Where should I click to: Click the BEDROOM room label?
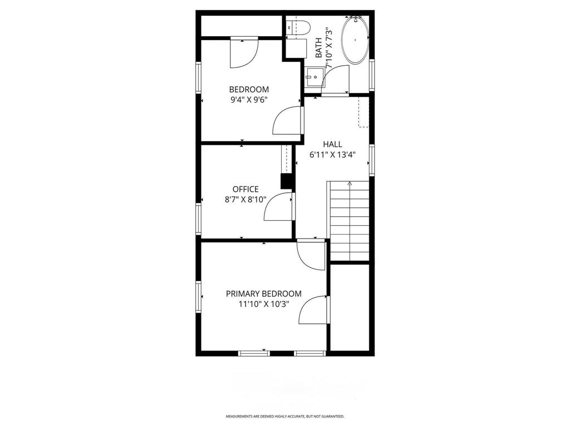249,89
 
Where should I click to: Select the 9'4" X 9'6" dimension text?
249,100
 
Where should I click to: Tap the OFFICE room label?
245,189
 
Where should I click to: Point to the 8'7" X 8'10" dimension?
242,200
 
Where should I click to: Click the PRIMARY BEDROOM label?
263,294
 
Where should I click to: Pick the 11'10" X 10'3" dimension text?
263,304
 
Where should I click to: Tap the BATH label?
318,48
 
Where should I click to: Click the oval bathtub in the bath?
355,41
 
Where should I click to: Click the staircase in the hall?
350,223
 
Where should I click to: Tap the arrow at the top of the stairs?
350,183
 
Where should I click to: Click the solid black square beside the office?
287,182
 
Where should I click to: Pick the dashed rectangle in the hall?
364,111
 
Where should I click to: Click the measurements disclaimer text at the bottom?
284,416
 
